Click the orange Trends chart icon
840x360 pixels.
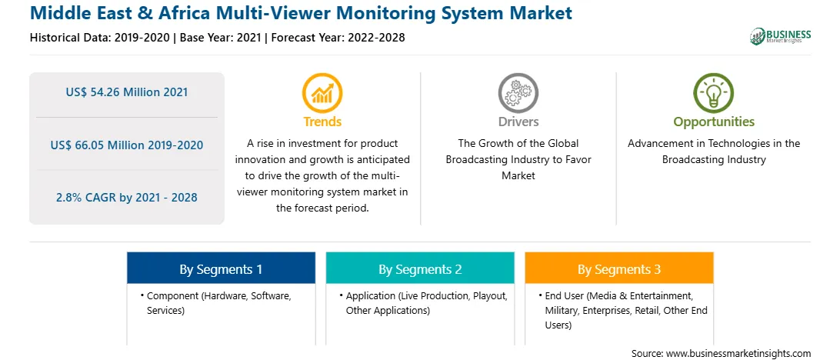click(322, 92)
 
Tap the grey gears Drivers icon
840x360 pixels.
click(518, 92)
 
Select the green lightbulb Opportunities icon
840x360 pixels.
click(714, 92)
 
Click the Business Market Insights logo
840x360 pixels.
click(781, 36)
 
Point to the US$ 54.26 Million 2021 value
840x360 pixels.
click(127, 92)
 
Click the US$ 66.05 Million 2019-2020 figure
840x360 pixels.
click(127, 145)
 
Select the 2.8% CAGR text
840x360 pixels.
click(127, 197)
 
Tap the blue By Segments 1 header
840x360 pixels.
click(222, 268)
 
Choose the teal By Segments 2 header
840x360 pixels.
click(420, 268)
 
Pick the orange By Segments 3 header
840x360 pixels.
click(619, 268)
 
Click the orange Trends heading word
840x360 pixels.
click(322, 122)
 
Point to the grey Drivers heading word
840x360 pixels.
click(518, 122)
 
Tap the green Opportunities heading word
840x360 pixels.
click(714, 122)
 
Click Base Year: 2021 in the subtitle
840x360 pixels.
click(220, 38)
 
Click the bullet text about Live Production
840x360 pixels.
click(423, 302)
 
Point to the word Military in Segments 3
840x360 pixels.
click(562, 310)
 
